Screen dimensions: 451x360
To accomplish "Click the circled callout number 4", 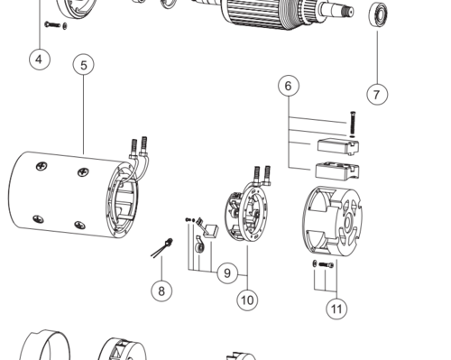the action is coord(40,60).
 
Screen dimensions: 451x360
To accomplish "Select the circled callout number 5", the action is coord(83,65).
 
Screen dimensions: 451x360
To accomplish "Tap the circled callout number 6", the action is coord(289,86).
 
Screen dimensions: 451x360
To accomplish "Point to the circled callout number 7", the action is coord(377,95).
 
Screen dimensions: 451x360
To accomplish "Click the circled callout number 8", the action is coord(161,291).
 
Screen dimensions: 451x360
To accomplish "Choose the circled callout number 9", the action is coord(227,273).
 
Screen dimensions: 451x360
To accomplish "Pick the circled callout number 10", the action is coord(247,300).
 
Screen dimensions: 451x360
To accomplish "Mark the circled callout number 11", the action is coord(336,309).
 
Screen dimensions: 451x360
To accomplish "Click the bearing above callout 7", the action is coord(378,14).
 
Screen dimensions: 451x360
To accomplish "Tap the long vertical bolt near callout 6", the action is coord(353,123).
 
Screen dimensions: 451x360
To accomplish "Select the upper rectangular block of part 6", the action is coord(338,146).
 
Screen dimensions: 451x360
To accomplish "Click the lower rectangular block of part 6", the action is coord(337,171).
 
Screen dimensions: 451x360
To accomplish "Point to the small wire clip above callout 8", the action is coord(162,247).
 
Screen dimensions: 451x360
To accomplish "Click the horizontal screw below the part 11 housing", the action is coord(326,265).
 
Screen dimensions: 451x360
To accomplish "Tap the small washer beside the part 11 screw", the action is coord(315,263).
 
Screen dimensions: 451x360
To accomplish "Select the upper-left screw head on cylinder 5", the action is coord(41,166).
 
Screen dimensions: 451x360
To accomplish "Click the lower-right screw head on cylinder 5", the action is coord(79,225).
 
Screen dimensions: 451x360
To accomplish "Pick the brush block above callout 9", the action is coord(210,231).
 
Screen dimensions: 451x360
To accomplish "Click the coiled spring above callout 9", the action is coord(199,246).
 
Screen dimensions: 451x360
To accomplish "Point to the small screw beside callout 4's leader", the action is coord(52,24).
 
